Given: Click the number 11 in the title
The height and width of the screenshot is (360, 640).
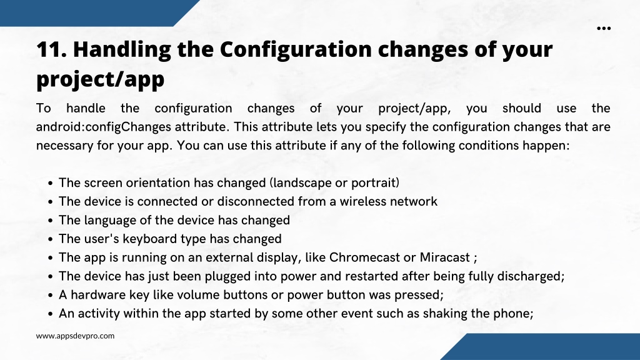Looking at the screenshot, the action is coord(51,49).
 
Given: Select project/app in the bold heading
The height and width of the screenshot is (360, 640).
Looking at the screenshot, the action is coord(101,79).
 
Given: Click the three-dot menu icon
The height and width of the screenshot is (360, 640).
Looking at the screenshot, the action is coord(604,28).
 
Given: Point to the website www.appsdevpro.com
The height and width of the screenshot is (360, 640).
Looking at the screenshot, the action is coord(75,336).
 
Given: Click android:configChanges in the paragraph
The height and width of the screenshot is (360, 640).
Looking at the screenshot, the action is coord(104,127).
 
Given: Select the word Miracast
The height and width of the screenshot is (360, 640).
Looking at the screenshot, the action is coord(445,257).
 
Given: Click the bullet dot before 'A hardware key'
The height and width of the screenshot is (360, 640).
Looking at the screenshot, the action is coord(50,296).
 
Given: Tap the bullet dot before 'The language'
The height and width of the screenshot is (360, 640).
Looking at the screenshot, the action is coord(50,221).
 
